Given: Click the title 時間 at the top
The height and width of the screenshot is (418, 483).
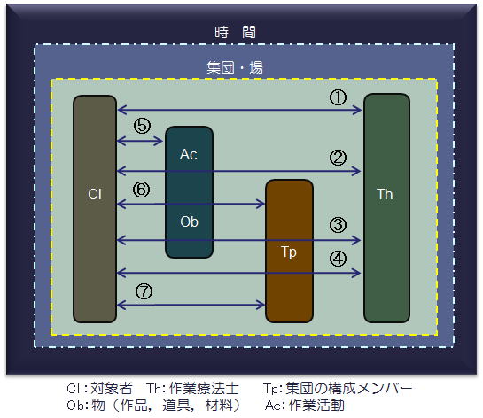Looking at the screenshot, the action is click(x=235, y=32).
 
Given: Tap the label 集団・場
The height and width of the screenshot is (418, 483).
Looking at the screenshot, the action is click(x=235, y=67).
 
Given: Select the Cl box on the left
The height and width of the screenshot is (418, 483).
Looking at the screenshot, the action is click(x=95, y=209).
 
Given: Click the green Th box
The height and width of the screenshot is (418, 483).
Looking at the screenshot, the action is click(x=386, y=208).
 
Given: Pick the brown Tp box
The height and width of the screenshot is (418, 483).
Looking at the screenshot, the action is click(x=289, y=251).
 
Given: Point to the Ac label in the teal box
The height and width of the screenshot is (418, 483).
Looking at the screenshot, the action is click(x=188, y=154).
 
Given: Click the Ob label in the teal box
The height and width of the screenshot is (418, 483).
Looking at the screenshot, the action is click(x=189, y=221).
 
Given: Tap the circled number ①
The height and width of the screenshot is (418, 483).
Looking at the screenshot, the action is click(x=338, y=97).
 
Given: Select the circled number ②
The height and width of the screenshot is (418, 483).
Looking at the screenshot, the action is click(x=338, y=158).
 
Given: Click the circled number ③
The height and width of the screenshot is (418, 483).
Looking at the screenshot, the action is click(x=338, y=224).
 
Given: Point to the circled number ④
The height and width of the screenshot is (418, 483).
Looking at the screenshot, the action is click(x=338, y=259).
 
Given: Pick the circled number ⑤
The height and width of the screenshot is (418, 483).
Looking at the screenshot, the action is click(x=142, y=126).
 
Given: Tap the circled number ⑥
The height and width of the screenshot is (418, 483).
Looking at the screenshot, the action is click(x=142, y=190).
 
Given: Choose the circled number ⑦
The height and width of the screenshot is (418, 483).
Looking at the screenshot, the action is click(x=144, y=291).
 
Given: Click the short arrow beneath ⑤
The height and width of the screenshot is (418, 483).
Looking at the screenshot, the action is click(x=140, y=142).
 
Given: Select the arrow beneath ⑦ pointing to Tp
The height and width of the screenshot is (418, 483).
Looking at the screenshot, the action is click(x=191, y=305).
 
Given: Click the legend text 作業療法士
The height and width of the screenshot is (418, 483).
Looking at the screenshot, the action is click(x=204, y=389).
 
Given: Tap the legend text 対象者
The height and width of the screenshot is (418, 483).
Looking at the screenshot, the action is click(x=112, y=389).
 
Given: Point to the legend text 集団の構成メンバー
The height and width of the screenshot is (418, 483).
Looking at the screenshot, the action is click(x=348, y=389).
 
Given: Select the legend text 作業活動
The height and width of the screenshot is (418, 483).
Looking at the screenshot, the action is click(x=316, y=405).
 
